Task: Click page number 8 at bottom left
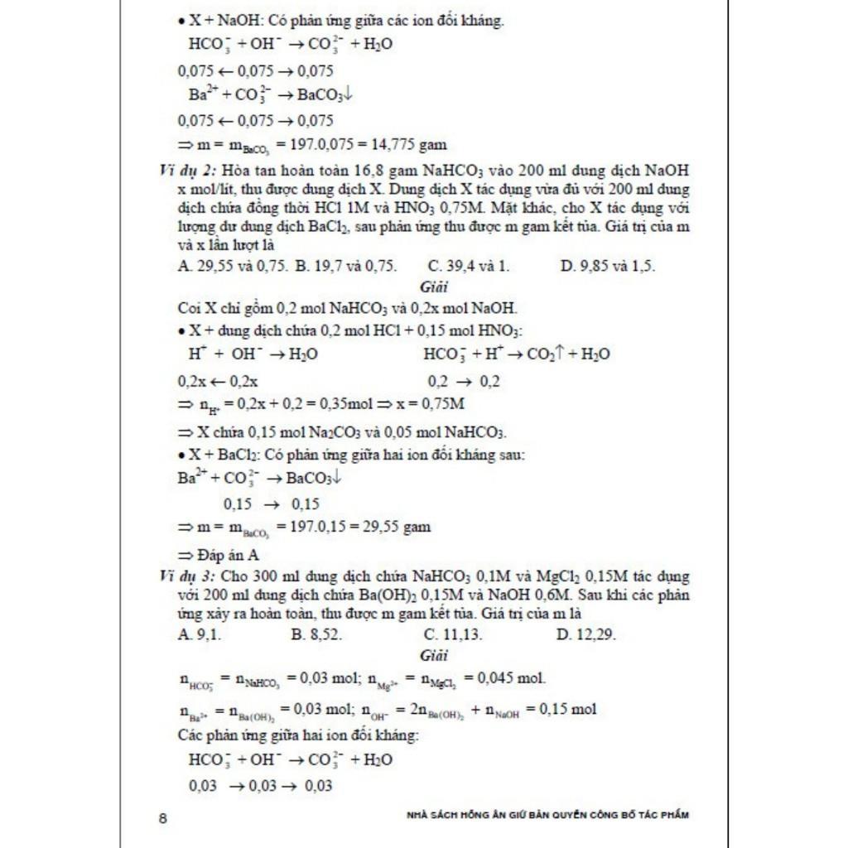pos(163,819)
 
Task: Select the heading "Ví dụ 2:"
pos(186,171)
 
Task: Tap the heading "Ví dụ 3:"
pos(186,576)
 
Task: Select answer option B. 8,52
pos(317,635)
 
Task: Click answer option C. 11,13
pos(453,635)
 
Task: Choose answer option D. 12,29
pos(586,635)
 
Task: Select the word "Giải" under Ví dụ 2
pos(433,287)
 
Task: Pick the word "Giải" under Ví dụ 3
pos(433,656)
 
